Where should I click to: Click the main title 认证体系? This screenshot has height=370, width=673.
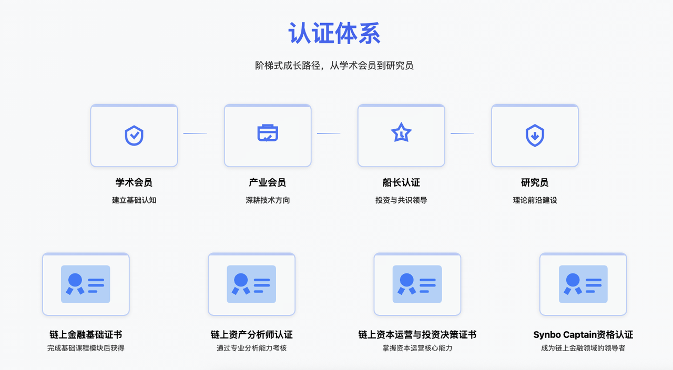click(334, 33)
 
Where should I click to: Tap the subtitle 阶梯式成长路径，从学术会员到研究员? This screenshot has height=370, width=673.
click(334, 66)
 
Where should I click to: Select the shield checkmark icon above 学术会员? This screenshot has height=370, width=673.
click(134, 135)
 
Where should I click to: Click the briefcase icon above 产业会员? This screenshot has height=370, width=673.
click(268, 133)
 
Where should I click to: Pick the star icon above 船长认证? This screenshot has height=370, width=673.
click(401, 133)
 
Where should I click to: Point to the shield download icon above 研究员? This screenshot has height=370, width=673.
click(535, 135)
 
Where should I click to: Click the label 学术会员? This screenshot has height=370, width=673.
click(134, 182)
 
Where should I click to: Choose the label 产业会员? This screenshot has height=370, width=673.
click(268, 182)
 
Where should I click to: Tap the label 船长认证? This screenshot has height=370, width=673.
click(401, 182)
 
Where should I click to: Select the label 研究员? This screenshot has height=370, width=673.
click(535, 182)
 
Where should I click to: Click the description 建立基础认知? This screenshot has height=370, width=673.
click(134, 200)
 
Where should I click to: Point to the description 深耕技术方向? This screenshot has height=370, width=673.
click(268, 200)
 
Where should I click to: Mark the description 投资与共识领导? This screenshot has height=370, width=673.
click(401, 200)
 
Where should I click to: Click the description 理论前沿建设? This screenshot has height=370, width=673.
click(535, 200)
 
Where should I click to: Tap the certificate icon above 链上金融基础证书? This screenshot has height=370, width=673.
click(86, 284)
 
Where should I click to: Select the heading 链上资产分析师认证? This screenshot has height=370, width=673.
click(251, 335)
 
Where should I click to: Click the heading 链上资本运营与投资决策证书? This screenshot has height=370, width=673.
click(417, 335)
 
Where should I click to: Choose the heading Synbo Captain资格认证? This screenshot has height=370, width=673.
click(583, 335)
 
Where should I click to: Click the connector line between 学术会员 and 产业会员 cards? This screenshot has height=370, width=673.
click(195, 133)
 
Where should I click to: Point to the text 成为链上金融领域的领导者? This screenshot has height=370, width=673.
click(583, 348)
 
